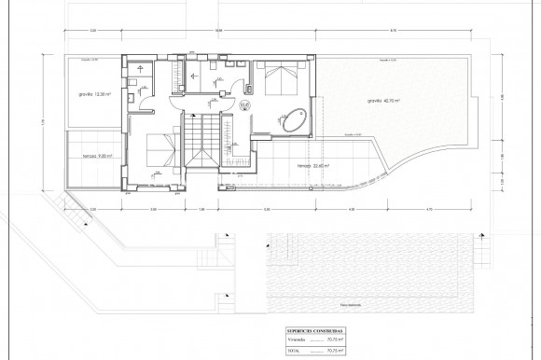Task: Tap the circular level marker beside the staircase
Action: (244, 107)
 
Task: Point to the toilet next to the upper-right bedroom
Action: (252, 90)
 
